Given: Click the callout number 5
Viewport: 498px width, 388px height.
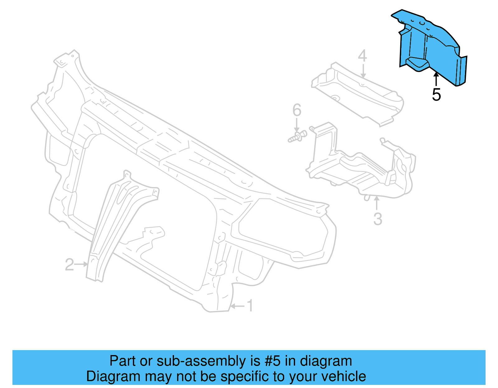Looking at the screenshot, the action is (x=436, y=94).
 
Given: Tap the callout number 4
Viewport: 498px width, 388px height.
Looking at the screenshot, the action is (x=362, y=56).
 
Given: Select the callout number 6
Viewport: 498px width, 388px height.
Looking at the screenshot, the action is (x=297, y=110).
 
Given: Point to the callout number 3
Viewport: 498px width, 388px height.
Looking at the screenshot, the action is (x=378, y=219).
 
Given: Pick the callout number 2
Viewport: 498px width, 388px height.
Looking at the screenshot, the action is (x=69, y=265).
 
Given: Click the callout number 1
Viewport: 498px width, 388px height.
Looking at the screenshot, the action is (x=250, y=306).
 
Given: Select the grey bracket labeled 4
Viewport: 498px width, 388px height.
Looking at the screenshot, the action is (x=358, y=93).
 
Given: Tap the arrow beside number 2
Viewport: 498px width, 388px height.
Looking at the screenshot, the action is (x=82, y=264).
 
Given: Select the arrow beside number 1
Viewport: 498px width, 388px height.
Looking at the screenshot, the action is (x=237, y=306).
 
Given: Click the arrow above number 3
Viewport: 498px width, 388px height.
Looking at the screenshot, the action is (x=377, y=203).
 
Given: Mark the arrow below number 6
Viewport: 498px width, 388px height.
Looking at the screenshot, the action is (x=297, y=125).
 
